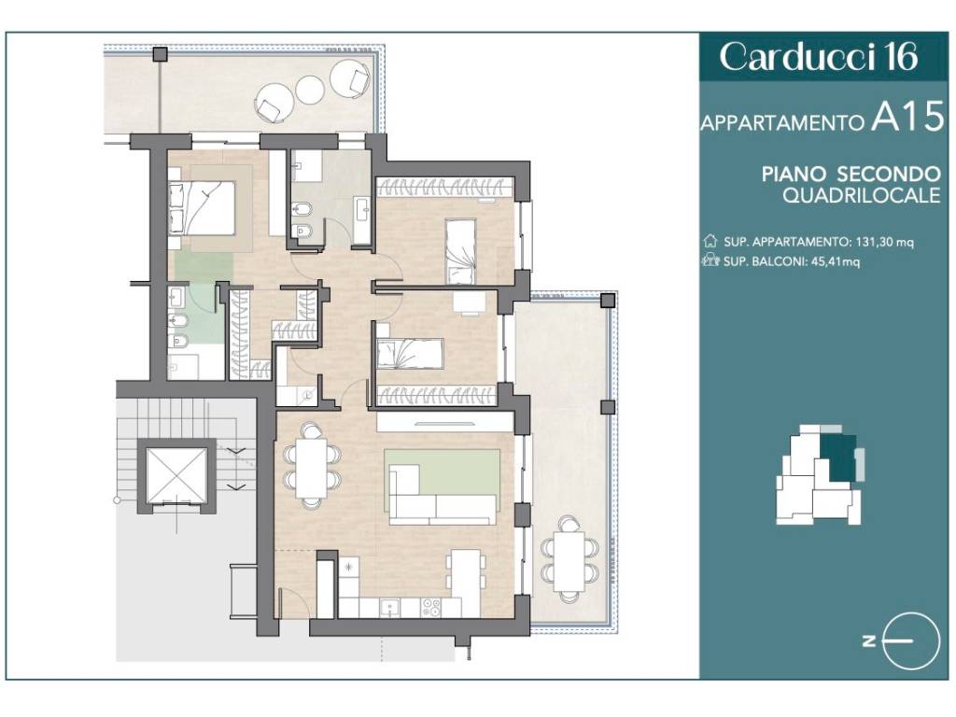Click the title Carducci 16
818,57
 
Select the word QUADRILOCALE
862,196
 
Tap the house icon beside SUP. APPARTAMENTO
710,241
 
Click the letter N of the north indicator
869,640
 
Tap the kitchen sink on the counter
389,607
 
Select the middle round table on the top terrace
309,89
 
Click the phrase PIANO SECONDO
851,174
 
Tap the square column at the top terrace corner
161,53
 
